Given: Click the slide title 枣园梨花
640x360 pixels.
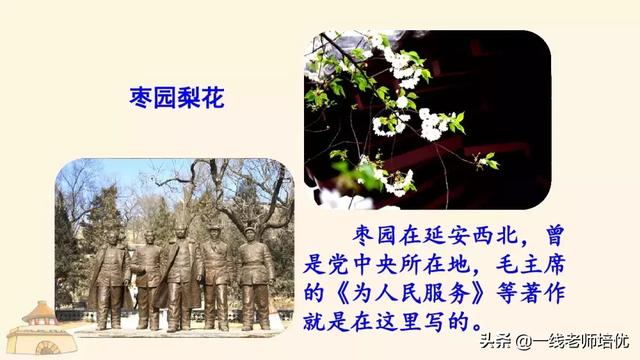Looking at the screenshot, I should (x=177, y=97).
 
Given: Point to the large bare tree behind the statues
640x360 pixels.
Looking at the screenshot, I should (x=240, y=200).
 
